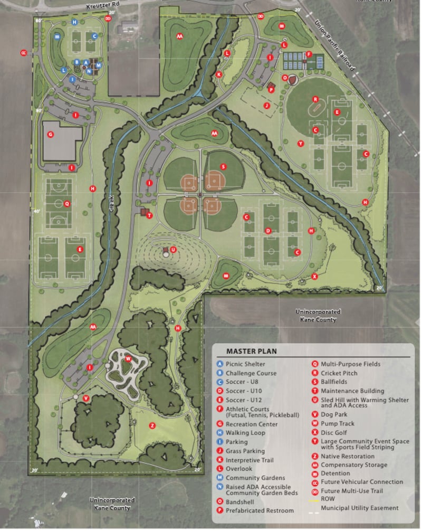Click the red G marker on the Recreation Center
[x=51, y=135]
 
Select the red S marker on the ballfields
[x=224, y=166]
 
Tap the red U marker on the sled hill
[x=172, y=249]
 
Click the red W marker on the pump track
[x=128, y=359]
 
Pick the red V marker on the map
[x=85, y=397]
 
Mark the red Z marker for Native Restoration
[x=152, y=425]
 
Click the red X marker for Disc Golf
[x=314, y=276]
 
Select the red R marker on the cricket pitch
[x=315, y=99]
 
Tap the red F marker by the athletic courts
[x=309, y=54]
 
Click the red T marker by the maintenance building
[x=149, y=215]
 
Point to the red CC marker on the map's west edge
[x=23, y=53]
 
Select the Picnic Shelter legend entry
[x=245, y=364]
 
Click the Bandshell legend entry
[x=241, y=501]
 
